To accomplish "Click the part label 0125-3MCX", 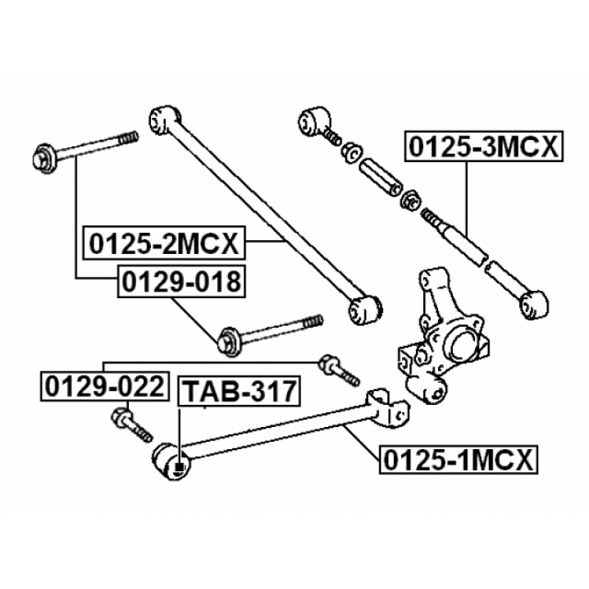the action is click(484, 147).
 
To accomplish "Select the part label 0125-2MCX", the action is click(163, 243).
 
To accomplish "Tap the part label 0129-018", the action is click(181, 281).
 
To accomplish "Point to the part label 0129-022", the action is click(105, 387).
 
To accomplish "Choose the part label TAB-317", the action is click(239, 391).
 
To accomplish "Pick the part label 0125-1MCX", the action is click(459, 459).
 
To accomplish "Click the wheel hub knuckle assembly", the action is click(443, 336).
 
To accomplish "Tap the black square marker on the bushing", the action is click(180, 467).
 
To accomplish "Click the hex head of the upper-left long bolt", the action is click(45, 159).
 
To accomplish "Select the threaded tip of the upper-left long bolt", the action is click(128, 138).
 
